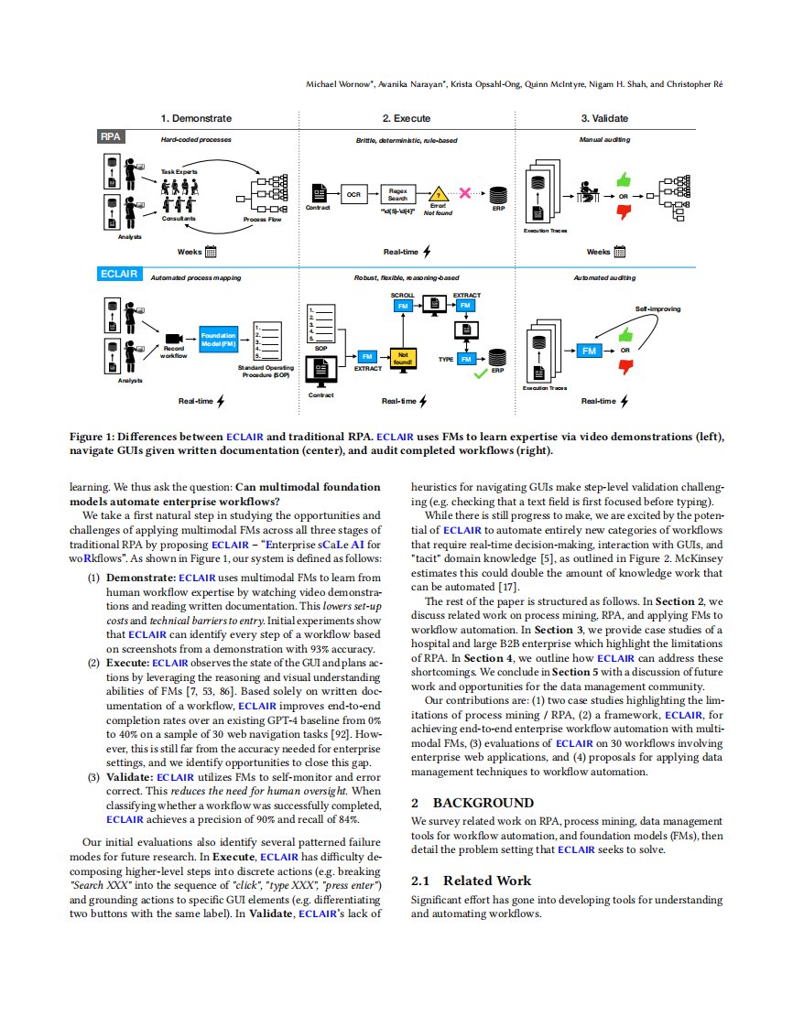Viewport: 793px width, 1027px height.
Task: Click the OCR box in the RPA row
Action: click(353, 195)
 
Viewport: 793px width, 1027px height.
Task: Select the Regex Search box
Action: click(397, 195)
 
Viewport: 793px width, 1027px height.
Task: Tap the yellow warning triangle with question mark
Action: click(438, 194)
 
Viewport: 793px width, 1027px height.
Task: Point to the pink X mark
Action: click(464, 192)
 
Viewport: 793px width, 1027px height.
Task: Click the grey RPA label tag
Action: click(110, 136)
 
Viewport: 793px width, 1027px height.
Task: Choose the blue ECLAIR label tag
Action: click(119, 274)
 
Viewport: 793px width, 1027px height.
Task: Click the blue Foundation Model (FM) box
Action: click(218, 340)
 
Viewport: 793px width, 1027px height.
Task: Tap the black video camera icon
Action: click(174, 339)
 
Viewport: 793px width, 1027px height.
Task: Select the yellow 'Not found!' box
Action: click(402, 358)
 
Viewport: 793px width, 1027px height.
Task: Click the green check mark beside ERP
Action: click(481, 373)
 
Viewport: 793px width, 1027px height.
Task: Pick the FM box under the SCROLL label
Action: click(402, 306)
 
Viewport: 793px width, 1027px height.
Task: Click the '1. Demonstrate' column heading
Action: click(196, 119)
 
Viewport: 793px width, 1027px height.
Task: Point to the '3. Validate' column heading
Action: click(604, 119)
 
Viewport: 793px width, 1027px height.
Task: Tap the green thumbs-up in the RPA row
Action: click(624, 178)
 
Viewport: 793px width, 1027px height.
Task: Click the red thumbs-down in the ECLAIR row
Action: click(625, 367)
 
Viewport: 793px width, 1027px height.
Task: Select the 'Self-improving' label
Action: click(657, 309)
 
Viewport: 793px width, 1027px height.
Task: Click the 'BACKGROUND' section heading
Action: click(483, 803)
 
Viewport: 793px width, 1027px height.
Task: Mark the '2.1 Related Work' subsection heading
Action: click(471, 881)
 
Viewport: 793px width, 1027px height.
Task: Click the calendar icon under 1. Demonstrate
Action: click(211, 252)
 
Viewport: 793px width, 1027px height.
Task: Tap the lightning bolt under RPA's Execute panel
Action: click(428, 252)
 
